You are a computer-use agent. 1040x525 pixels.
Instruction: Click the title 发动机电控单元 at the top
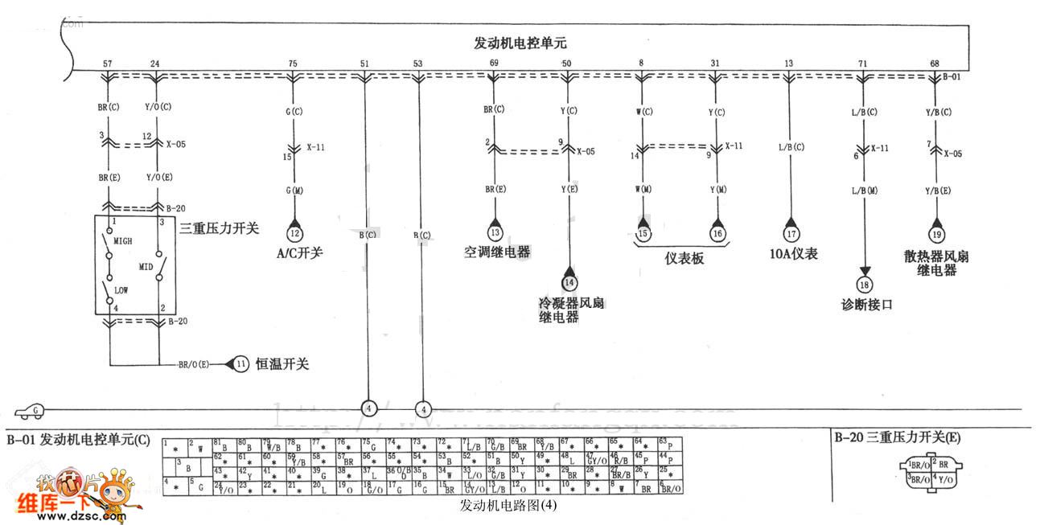[x=520, y=44]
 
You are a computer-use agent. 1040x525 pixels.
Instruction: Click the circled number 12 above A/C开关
[x=295, y=233]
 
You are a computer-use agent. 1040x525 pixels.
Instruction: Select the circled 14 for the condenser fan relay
[x=569, y=282]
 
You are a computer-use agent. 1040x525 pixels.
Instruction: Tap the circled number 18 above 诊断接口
[x=865, y=284]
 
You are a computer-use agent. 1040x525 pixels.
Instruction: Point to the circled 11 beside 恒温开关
[x=241, y=364]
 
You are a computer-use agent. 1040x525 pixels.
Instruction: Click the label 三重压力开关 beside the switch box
[x=220, y=228]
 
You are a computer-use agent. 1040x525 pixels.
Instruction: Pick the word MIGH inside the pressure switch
[x=123, y=240]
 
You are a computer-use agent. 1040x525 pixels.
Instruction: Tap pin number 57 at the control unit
[x=108, y=64]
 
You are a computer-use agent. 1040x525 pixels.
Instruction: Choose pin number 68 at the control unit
[x=934, y=64]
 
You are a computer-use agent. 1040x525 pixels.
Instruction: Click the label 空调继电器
[x=497, y=252]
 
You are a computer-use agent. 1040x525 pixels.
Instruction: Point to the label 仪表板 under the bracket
[x=684, y=259]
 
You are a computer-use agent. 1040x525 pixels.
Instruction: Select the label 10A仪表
[x=793, y=254]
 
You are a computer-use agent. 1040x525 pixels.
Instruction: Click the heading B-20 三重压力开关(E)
[x=897, y=438]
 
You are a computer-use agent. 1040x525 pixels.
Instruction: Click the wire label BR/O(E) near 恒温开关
[x=194, y=364]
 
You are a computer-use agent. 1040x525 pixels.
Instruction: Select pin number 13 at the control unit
[x=788, y=64]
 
